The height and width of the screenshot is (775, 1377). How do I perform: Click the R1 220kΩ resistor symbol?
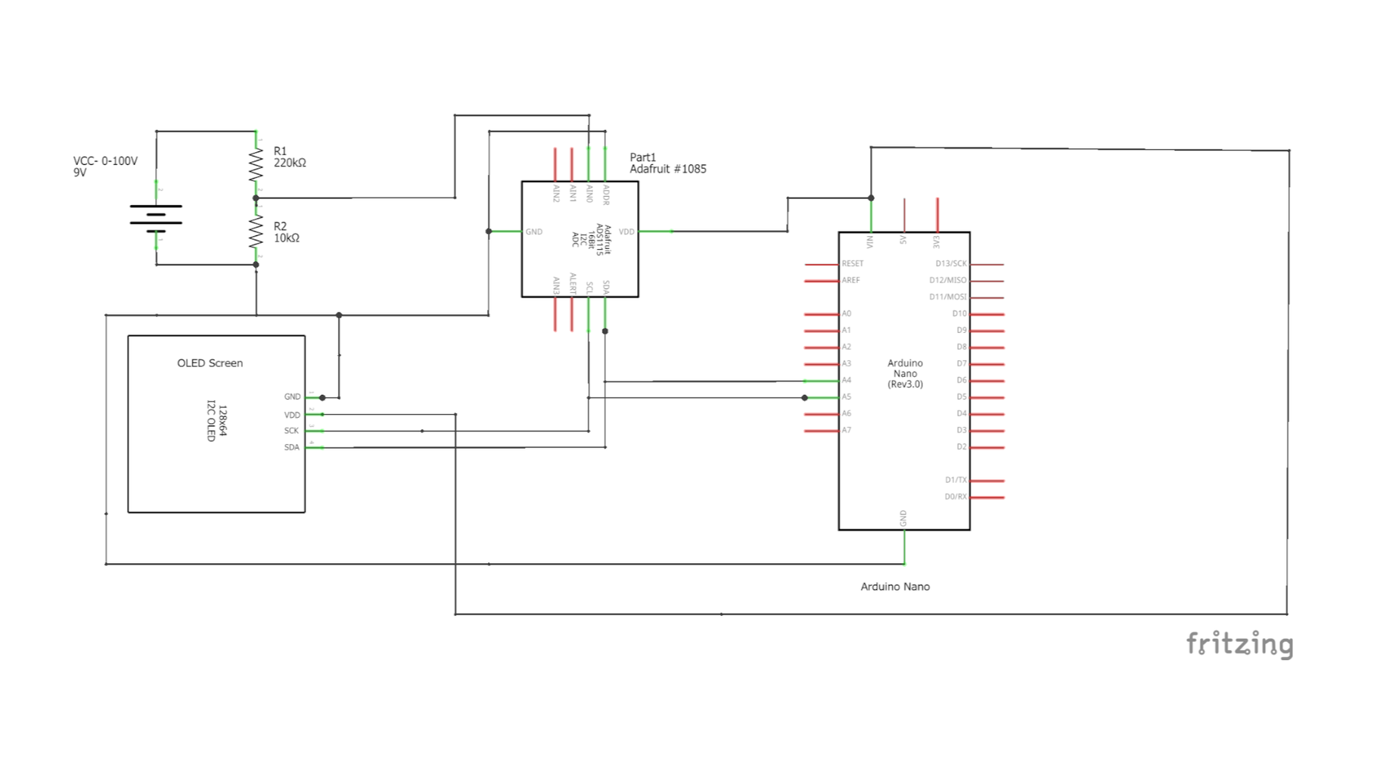256,163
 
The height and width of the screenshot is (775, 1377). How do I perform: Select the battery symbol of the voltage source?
156,216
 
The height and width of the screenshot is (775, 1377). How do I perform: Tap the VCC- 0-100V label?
105,161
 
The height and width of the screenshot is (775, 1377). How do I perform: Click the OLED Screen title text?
210,363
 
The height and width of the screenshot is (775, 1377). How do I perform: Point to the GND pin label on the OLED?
292,397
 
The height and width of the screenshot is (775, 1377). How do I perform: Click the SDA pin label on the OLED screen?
291,447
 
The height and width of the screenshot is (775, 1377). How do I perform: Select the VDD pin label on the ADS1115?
626,232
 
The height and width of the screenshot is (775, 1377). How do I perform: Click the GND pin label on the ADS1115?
534,232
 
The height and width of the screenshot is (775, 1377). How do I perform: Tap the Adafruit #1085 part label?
667,169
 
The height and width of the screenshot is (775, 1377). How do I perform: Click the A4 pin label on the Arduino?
847,380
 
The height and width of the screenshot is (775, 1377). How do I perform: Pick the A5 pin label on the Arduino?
847,397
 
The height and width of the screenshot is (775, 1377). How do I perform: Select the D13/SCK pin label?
951,263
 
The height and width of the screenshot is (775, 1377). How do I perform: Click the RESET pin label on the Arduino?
853,263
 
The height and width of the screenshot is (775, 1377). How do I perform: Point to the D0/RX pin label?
956,496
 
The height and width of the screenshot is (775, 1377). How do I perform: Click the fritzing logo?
1239,644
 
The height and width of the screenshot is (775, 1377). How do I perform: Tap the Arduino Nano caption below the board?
895,587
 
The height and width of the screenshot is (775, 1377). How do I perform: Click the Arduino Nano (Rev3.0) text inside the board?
905,374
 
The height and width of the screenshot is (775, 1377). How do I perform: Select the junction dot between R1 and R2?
256,198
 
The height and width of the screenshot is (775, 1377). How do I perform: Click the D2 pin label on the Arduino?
961,447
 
